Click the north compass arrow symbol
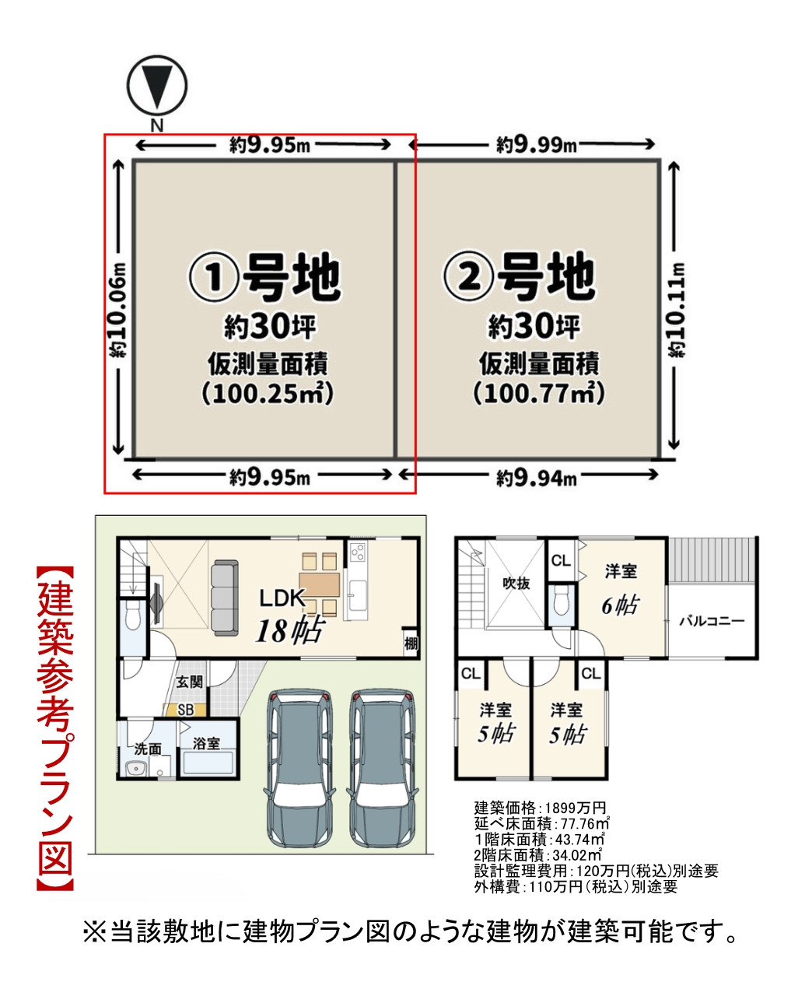157,86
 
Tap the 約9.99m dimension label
537,144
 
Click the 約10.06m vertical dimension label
118,308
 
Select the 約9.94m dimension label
537,477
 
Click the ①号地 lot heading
265,276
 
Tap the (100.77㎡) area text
539,393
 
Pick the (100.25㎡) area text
268,393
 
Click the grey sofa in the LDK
225,597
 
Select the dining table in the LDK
319,584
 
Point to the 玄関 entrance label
189,682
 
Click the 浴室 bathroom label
207,744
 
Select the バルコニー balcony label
712,621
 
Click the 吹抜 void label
516,583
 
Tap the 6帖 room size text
619,605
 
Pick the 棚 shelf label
411,643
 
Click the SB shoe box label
186,710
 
